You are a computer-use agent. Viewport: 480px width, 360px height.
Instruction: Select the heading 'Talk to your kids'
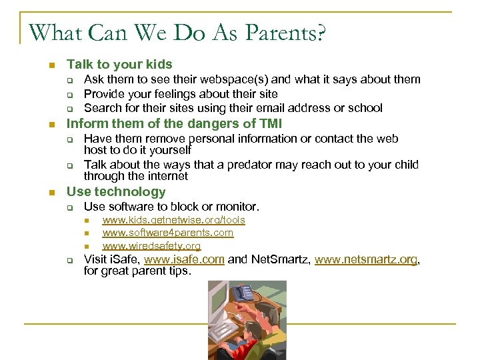click(x=119, y=65)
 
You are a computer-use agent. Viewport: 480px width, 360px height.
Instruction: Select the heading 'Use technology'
click(x=116, y=192)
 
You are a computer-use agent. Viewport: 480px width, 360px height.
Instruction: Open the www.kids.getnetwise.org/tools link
click(x=173, y=220)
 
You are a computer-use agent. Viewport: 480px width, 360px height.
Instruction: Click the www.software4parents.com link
click(x=167, y=233)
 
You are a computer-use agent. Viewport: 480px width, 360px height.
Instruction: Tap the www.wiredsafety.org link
click(x=151, y=246)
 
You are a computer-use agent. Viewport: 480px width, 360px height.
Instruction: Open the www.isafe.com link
click(x=184, y=260)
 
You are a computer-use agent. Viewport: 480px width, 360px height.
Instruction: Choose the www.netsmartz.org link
click(x=366, y=260)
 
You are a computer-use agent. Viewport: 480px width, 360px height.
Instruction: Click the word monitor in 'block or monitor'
click(x=237, y=207)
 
